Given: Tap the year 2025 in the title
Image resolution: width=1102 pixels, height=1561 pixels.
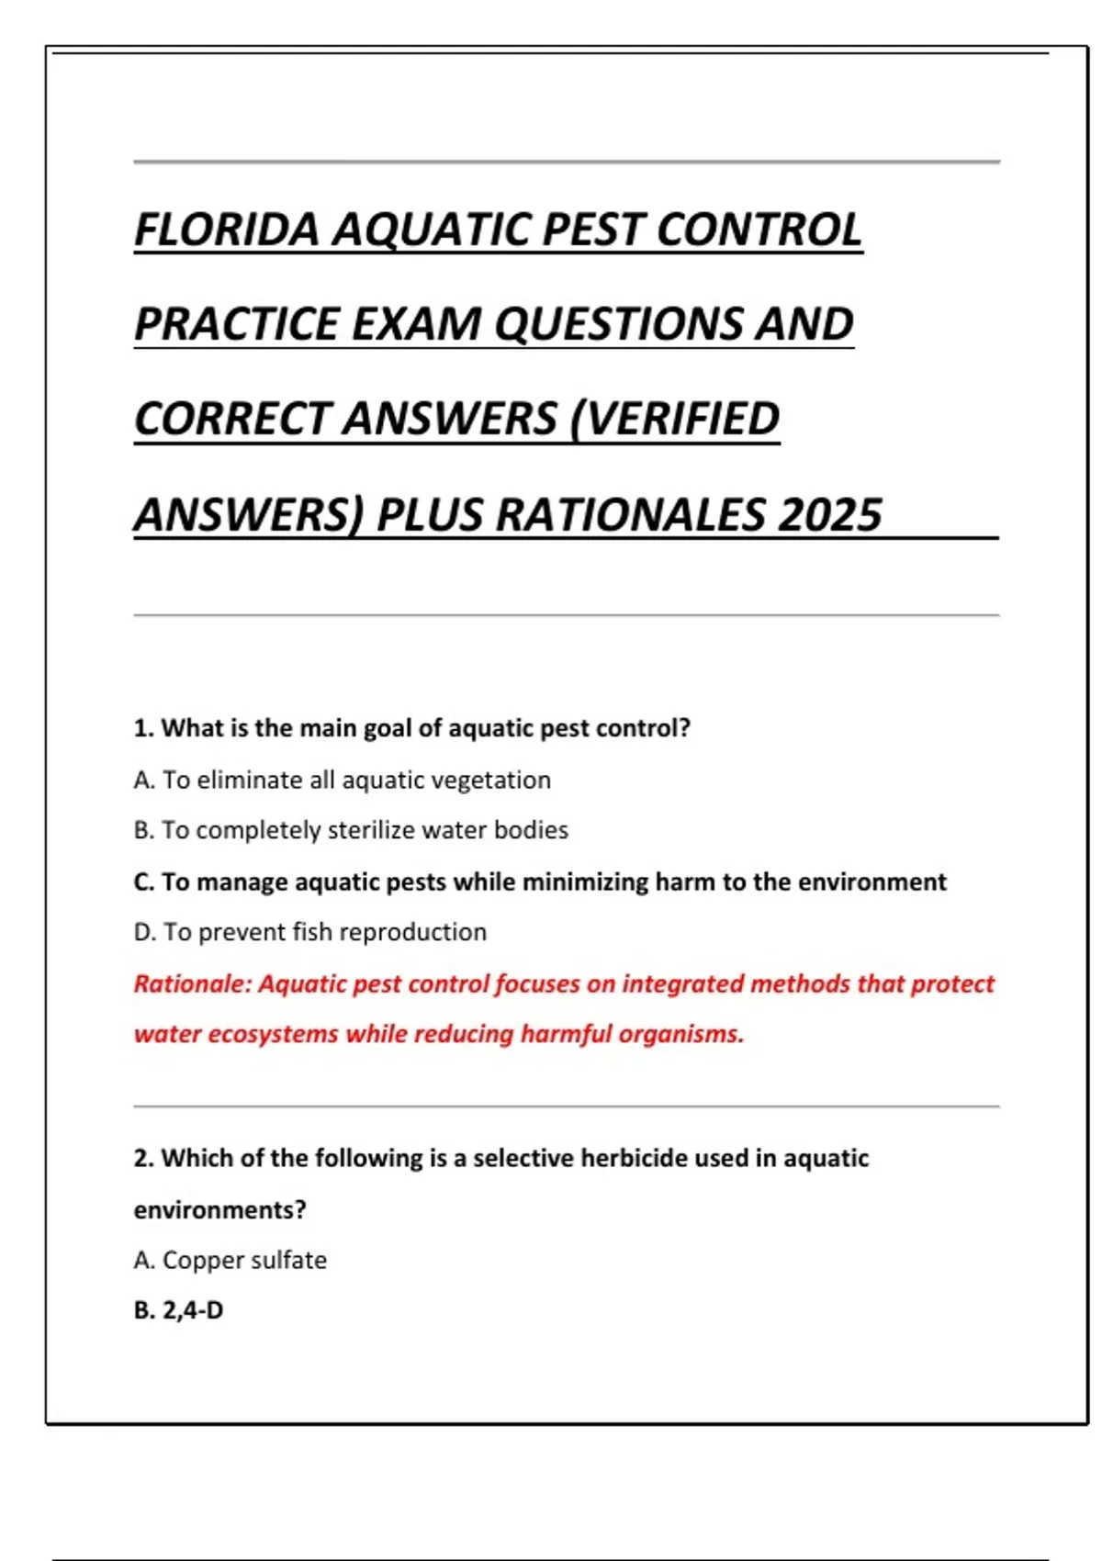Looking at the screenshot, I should click(x=830, y=514).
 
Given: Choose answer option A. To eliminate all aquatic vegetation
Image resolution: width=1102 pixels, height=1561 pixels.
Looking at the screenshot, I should click(x=342, y=780).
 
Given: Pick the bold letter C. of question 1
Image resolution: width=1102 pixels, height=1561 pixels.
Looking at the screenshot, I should click(x=144, y=882).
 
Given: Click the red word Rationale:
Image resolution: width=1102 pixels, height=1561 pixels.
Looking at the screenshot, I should click(x=192, y=983).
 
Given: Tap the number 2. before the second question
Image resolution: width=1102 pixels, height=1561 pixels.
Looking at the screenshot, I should click(x=144, y=1158).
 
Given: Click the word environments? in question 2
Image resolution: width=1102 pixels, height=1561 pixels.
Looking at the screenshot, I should click(x=219, y=1209).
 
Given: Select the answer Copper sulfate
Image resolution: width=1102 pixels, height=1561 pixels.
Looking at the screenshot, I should click(x=244, y=1260).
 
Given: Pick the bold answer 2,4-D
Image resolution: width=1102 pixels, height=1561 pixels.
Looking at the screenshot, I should click(x=193, y=1310).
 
